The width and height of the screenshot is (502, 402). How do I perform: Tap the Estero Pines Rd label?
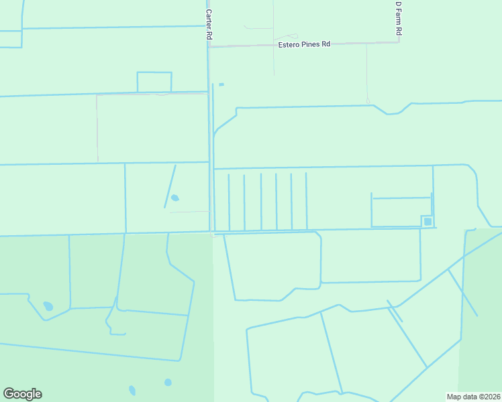pyautogui.click(x=305, y=44)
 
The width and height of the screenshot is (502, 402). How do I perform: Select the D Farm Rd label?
pyautogui.click(x=398, y=18)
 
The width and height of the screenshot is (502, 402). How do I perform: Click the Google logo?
pyautogui.click(x=22, y=394)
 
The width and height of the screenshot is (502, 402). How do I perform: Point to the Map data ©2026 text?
pyautogui.click(x=474, y=396)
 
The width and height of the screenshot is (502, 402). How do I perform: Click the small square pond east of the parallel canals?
pyautogui.click(x=428, y=221)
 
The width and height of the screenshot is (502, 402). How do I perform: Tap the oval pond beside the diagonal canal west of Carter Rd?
pyautogui.click(x=175, y=198)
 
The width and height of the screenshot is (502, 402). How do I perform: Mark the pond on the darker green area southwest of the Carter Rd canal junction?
pyautogui.click(x=48, y=306)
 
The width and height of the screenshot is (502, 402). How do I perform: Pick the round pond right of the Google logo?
pyautogui.click(x=168, y=383)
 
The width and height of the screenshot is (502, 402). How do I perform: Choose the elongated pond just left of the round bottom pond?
pyautogui.click(x=132, y=390)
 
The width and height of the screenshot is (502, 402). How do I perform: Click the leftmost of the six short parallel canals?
pyautogui.click(x=229, y=202)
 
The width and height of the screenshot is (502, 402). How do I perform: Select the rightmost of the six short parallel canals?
pyautogui.click(x=307, y=201)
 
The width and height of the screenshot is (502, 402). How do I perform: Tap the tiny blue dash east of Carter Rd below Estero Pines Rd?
pyautogui.click(x=221, y=84)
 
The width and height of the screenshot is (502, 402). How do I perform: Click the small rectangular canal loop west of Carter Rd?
pyautogui.click(x=154, y=82)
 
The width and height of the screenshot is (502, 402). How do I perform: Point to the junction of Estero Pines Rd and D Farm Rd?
pyautogui.click(x=399, y=43)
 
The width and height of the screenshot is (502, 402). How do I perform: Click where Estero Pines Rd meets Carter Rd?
pyautogui.click(x=209, y=46)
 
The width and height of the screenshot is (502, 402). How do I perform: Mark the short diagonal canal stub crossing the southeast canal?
pyautogui.click(x=395, y=312)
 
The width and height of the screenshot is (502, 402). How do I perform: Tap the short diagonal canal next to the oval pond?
pyautogui.click(x=170, y=186)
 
